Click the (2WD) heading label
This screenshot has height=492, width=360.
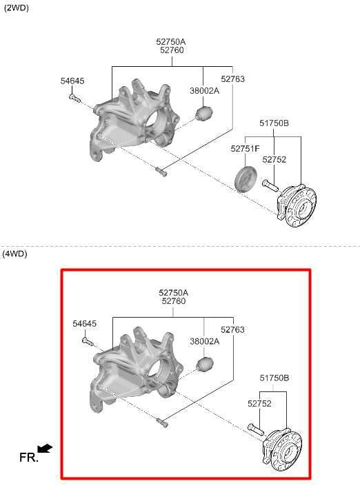coord(17,8)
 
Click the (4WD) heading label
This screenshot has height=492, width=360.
coord(15,254)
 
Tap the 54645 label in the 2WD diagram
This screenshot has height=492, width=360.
coord(72,81)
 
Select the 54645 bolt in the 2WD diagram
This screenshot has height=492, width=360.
coord(74,99)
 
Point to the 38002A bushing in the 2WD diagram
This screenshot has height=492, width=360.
coord(204,114)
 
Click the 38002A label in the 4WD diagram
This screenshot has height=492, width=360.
coord(205,341)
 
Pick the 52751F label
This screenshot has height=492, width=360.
coord(245,148)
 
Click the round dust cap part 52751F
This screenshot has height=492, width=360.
coord(246,178)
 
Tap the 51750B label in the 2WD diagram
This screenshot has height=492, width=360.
coord(274,123)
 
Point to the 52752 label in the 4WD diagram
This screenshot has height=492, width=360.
coord(259,404)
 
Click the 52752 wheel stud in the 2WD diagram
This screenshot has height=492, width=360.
coord(270,185)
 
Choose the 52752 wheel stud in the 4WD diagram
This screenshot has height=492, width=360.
coord(256,429)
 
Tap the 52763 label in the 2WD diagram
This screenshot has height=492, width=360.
coord(232,79)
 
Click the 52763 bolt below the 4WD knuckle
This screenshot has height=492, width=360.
coord(162,422)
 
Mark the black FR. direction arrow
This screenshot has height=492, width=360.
coord(45,449)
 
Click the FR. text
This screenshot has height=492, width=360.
coord(28,458)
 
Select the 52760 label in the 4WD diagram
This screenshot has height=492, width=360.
coord(174,301)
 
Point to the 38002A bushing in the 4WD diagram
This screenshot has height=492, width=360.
coord(205,365)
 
